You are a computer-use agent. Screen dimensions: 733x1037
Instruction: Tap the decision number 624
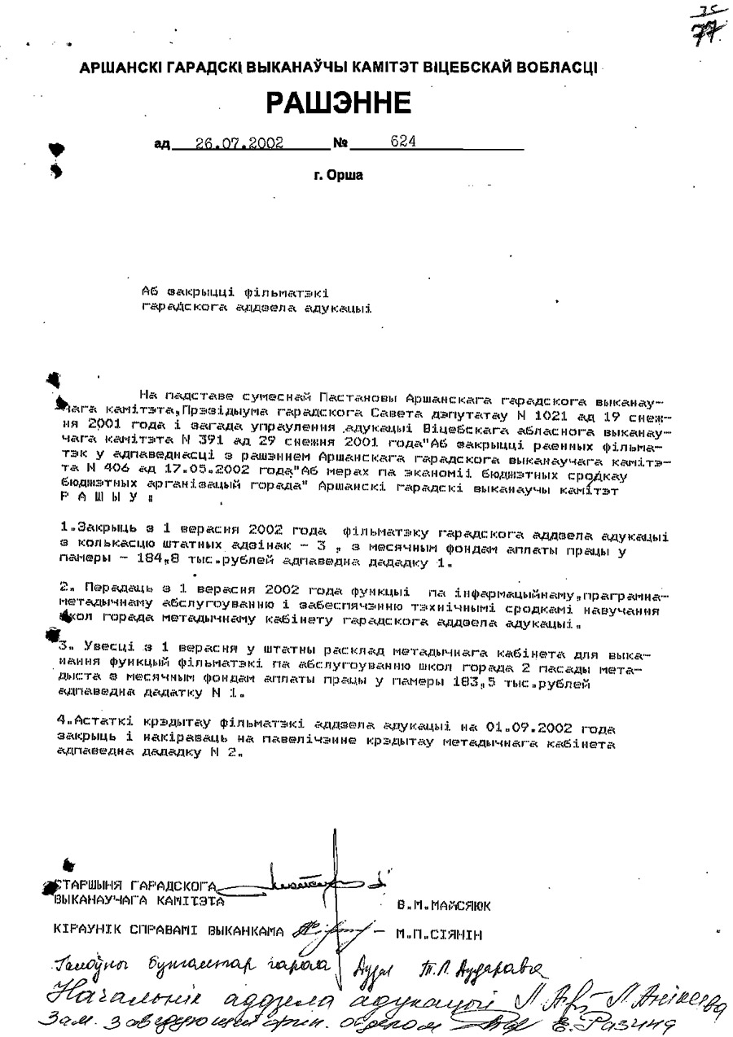point(403,141)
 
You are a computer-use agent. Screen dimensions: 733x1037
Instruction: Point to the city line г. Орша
point(339,175)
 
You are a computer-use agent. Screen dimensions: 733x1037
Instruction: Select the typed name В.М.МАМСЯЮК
point(443,904)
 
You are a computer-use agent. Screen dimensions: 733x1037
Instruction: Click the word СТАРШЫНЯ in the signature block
point(87,886)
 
